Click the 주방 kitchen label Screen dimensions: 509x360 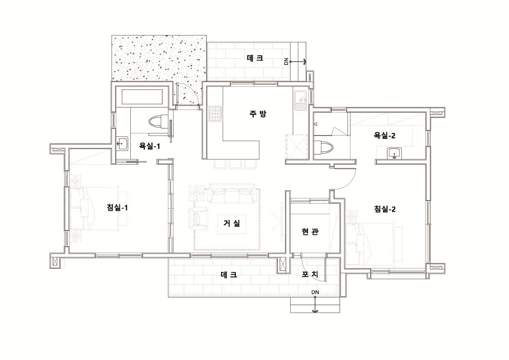tap(258, 114)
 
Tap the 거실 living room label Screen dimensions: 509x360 tap(232, 223)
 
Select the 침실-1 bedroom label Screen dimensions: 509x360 tap(117, 207)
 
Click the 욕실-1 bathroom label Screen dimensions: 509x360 tap(150, 146)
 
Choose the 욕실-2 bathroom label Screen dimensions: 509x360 tap(385, 136)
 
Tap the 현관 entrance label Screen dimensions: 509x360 tap(310, 232)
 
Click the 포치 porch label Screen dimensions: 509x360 tap(310, 274)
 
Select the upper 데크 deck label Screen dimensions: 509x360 tap(255, 58)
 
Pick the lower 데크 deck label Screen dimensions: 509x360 tap(229, 274)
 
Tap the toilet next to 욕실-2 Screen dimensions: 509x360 tap(324, 148)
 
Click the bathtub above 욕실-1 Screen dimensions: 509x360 tap(143, 97)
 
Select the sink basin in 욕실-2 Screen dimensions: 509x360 tap(394, 153)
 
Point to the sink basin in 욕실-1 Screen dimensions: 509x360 tap(122, 144)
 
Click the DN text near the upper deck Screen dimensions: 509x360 tap(286, 61)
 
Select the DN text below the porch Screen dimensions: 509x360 tap(315, 292)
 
